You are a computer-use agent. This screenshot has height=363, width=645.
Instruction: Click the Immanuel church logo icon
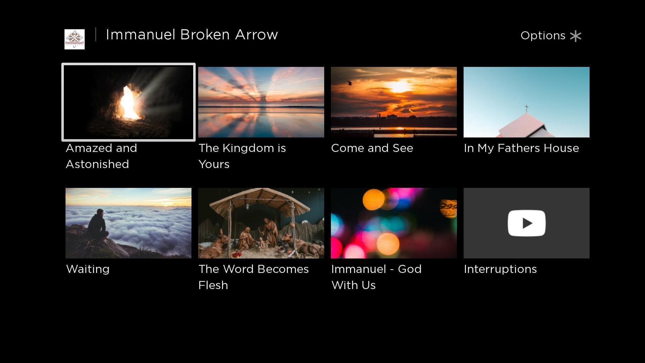pyautogui.click(x=75, y=39)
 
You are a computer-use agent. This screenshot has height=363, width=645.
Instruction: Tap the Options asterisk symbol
pyautogui.click(x=575, y=36)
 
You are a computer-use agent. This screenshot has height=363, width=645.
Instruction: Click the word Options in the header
pyautogui.click(x=543, y=36)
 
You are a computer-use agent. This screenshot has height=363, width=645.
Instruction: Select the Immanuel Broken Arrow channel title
pyautogui.click(x=192, y=35)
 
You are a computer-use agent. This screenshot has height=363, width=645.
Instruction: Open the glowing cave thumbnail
pyautogui.click(x=128, y=102)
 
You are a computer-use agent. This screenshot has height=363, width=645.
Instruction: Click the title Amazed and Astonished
pyautogui.click(x=101, y=156)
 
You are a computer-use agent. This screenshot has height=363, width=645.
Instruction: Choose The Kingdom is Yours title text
pyautogui.click(x=242, y=156)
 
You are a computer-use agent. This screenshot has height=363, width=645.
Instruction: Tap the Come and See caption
pyautogui.click(x=372, y=148)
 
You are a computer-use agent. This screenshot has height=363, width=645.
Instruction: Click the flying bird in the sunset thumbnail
pyautogui.click(x=350, y=83)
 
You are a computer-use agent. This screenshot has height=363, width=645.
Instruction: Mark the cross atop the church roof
pyautogui.click(x=526, y=109)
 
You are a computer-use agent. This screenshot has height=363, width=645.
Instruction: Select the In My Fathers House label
pyautogui.click(x=521, y=148)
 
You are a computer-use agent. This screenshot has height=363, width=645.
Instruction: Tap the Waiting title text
pyautogui.click(x=88, y=269)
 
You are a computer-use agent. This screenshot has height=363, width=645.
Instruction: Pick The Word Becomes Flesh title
pyautogui.click(x=254, y=277)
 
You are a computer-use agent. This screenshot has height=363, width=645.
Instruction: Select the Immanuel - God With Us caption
pyautogui.click(x=376, y=277)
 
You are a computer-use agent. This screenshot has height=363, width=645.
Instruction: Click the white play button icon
pyautogui.click(x=526, y=223)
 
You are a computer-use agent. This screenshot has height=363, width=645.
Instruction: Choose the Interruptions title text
pyautogui.click(x=500, y=269)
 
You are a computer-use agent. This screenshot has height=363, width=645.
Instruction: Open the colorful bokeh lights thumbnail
pyautogui.click(x=394, y=223)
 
